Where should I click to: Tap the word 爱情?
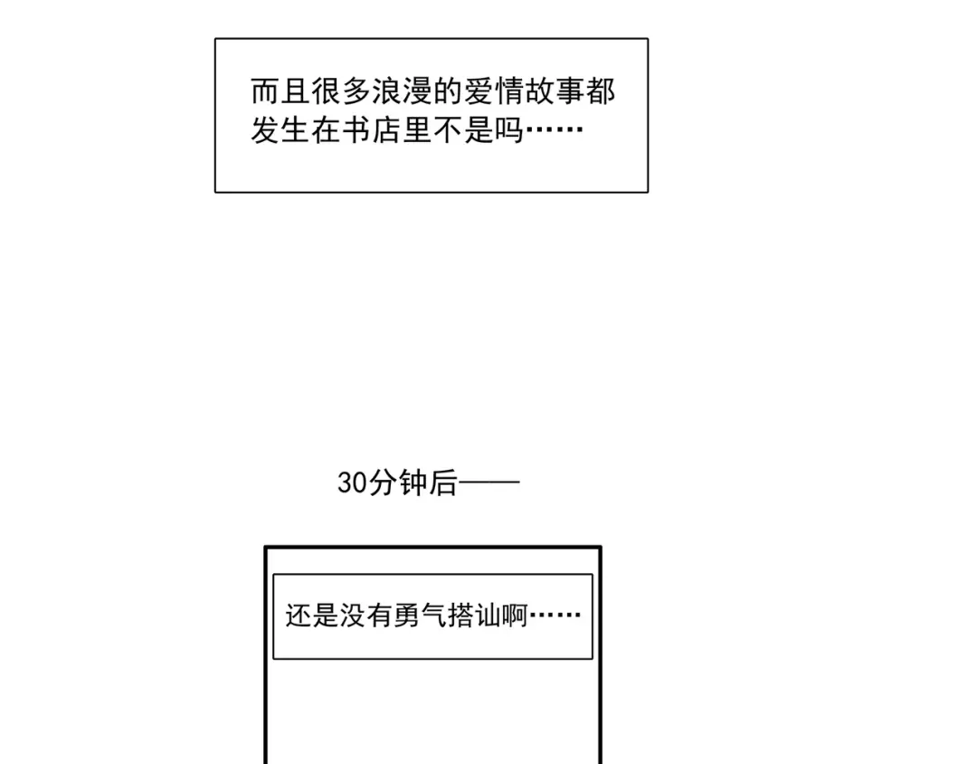[x=495, y=93]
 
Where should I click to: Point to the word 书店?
[x=372, y=132]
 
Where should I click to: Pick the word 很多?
[x=341, y=93]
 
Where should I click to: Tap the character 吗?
[x=510, y=132]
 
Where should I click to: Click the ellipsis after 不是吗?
[x=555, y=132]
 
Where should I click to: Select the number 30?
[x=352, y=483]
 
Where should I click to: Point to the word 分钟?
[x=396, y=483]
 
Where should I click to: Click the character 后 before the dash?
[x=442, y=483]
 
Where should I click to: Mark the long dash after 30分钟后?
[x=489, y=483]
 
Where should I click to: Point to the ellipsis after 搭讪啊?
[x=555, y=616]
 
